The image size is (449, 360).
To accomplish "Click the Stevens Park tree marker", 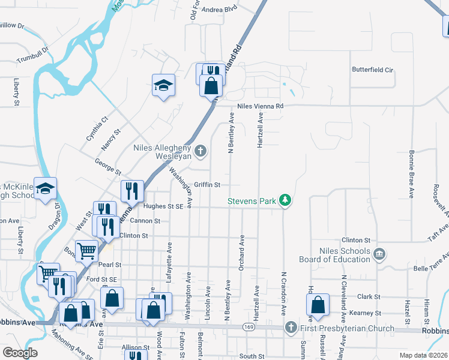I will pyautogui.click(x=287, y=200).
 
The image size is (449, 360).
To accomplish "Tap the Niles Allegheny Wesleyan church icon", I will pyautogui.click(x=200, y=151).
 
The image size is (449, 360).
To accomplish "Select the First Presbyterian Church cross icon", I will pyautogui.click(x=291, y=328).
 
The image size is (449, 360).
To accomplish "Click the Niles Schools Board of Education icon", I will pyautogui.click(x=378, y=254).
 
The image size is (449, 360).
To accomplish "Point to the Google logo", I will pyautogui.click(x=20, y=352).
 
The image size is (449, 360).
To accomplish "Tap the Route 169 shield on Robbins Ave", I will pyautogui.click(x=248, y=328).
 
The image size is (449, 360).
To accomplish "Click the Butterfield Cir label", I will pyautogui.click(x=372, y=70).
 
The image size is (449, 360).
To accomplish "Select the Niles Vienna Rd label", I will pyautogui.click(x=260, y=106).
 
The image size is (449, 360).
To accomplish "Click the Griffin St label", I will pyautogui.click(x=208, y=185).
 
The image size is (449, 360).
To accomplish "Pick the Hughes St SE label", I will pyautogui.click(x=163, y=206).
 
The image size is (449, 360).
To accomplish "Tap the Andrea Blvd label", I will pyautogui.click(x=220, y=10).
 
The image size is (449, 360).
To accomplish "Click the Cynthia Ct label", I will pyautogui.click(x=96, y=127).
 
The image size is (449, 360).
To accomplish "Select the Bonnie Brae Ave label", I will pyautogui.click(x=412, y=174).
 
